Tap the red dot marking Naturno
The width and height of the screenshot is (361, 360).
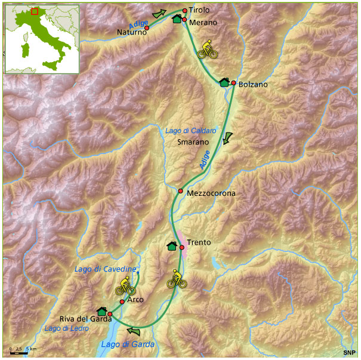click(147, 27)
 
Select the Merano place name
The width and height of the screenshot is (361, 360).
click(203, 23)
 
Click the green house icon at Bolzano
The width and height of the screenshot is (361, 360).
click(224, 82)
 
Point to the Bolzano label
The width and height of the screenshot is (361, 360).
click(253, 85)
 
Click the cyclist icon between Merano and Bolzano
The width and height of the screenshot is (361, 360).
click(208, 50)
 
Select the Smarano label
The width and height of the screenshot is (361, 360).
click(193, 143)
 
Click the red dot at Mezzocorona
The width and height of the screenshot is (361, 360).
click(180, 191)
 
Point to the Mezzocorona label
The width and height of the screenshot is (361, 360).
click(211, 193)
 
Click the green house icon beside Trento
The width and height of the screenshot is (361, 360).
click(172, 246)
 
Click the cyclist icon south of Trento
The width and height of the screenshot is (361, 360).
click(176, 279)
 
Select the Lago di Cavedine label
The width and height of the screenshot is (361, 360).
click(106, 270)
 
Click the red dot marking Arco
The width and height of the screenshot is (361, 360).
click(122, 301)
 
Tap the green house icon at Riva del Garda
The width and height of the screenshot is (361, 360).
click(101, 311)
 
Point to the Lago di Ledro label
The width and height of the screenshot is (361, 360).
click(66, 329)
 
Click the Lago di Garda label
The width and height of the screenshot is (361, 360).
click(128, 344)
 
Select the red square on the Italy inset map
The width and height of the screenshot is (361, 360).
click(35, 11)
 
